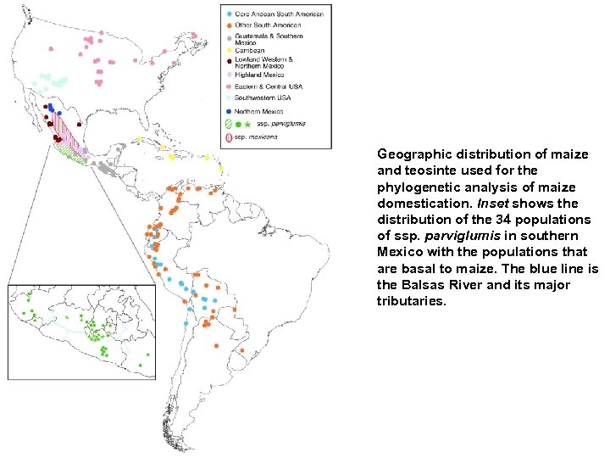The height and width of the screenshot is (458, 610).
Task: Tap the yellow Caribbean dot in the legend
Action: click(227, 50)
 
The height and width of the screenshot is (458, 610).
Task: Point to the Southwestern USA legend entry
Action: click(268, 98)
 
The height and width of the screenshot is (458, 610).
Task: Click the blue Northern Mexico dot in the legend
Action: click(227, 110)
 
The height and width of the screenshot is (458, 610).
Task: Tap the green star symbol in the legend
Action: click(247, 124)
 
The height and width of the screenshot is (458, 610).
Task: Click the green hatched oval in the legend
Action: click(227, 124)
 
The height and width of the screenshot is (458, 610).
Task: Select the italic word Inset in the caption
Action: click(494, 204)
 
